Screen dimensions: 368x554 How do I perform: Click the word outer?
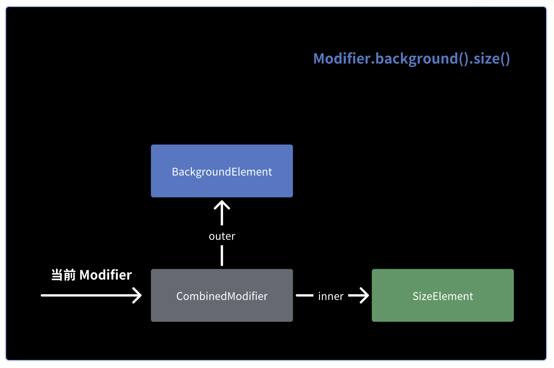(222, 236)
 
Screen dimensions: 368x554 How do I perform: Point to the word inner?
(331, 296)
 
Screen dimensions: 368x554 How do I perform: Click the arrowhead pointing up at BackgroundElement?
(222, 204)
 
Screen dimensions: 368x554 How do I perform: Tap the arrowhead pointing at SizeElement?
(365, 295)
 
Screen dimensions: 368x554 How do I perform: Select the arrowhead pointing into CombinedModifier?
(138, 295)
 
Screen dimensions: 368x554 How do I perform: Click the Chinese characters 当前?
(63, 275)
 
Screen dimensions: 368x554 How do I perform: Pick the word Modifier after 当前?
(106, 275)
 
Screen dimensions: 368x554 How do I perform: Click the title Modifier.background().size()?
(411, 59)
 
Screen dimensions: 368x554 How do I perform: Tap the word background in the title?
(417, 59)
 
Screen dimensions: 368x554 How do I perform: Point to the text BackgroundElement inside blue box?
(222, 172)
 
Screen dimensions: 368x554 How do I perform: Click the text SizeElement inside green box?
(443, 296)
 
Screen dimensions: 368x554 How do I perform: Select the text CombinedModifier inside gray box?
(222, 296)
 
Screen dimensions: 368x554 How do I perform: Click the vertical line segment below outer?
(222, 255)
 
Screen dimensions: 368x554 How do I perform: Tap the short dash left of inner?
(304, 295)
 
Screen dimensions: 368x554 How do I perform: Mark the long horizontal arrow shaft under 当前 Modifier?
(87, 295)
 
